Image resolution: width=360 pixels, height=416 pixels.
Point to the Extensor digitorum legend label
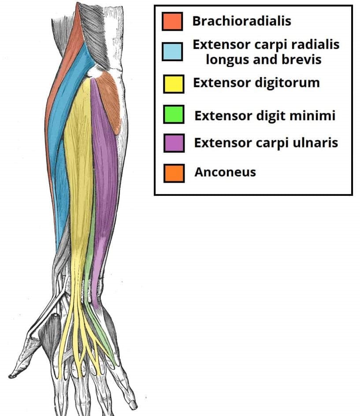pos(256,82)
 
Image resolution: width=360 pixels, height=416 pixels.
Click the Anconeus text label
pos(225,172)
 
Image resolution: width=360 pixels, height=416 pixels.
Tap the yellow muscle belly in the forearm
pos(79,154)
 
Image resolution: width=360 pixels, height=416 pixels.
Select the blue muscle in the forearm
pos(59,154)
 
